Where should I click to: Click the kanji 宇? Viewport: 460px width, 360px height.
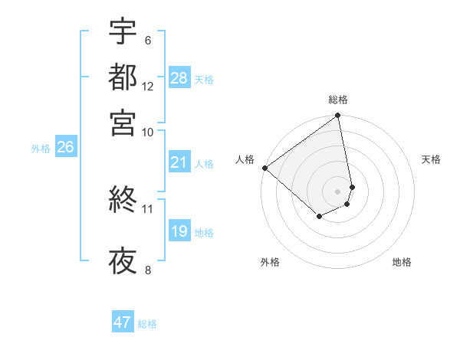123,31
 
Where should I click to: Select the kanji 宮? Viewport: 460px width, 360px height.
123,123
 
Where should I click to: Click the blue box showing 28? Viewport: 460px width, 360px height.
179,78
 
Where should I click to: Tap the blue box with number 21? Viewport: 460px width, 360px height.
179,162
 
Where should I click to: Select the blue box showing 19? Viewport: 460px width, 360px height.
179,231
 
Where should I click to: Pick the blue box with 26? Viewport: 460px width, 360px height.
65,148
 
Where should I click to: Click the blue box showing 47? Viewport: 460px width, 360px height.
123,322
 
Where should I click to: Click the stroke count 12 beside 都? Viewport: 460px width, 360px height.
148,87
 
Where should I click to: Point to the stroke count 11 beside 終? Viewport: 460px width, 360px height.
147,208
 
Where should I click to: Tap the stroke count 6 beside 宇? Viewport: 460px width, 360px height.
148,41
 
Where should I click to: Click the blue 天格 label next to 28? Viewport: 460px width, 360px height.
204,79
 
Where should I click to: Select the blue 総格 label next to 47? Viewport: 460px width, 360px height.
147,323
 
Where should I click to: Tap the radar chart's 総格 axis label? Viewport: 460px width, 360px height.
338,100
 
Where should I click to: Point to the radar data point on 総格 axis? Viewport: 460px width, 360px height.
337,116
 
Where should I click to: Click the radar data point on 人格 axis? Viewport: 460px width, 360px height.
264,168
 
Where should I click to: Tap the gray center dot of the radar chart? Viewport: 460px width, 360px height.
337,191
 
